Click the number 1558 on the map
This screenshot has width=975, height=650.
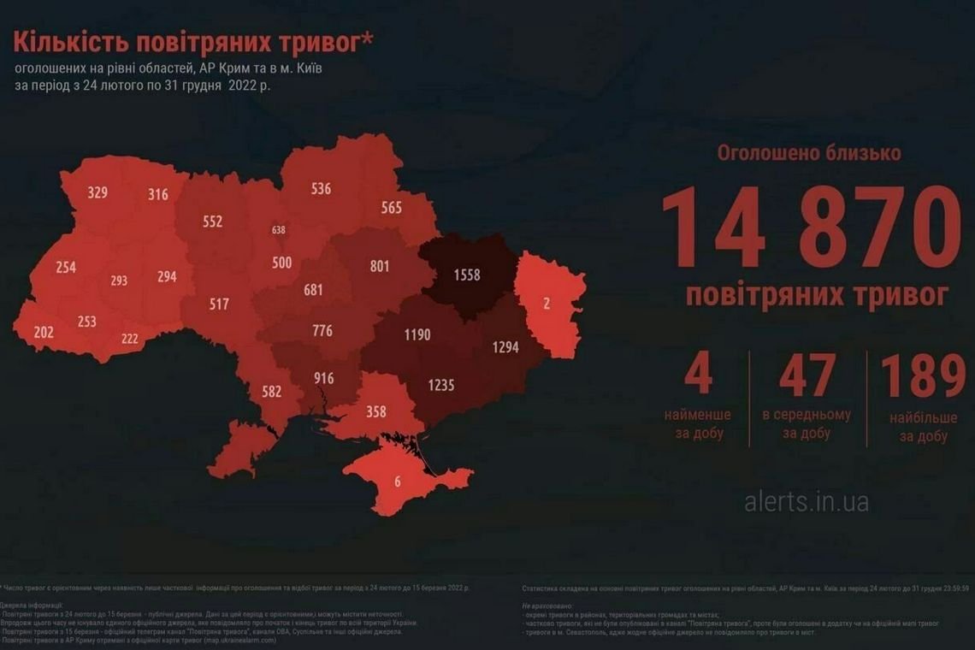467,275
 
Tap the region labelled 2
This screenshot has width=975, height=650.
547,303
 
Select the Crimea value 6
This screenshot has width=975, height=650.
397,482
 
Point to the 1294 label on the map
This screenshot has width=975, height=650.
506,347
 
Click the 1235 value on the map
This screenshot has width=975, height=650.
440,386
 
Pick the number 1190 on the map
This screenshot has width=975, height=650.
417,334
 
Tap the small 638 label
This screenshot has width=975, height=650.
279,230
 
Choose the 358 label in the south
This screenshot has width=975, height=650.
376,411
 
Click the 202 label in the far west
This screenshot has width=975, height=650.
44,332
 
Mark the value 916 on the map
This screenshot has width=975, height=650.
324,378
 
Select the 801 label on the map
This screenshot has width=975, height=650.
380,266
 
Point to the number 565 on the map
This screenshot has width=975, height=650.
392,208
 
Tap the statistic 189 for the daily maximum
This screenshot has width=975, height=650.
923,377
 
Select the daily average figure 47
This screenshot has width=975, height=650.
807,377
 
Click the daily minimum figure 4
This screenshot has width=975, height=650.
698,377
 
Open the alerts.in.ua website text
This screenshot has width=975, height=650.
807,501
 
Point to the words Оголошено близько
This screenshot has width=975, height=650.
809,154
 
